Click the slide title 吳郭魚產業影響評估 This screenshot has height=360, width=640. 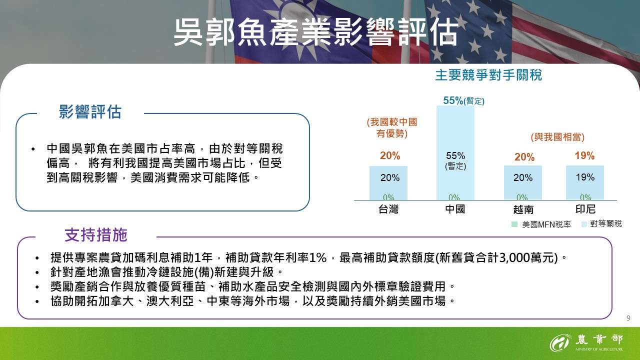coord(315,33)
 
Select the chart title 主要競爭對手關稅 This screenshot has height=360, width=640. coord(488,75)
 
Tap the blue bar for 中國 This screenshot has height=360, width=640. coord(455,152)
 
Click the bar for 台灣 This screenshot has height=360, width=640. coord(388,182)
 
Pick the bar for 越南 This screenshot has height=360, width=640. coord(522,182)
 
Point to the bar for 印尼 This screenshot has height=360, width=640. coord(584,182)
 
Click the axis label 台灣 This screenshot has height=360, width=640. coord(388,209)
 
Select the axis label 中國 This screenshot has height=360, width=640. coord(455,209)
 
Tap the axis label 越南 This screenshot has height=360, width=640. coord(523,209)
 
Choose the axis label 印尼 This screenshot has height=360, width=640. coord(585,209)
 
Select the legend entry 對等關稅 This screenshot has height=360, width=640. coord(602,224)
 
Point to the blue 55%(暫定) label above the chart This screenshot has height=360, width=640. coord(463,101)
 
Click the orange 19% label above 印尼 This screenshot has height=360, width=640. coord(584,156)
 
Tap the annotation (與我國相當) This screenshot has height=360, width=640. coord(557,137)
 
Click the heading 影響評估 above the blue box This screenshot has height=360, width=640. coord(90,112)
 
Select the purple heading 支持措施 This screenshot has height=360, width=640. coord(96,235)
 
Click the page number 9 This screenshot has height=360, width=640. coord(628,318)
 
